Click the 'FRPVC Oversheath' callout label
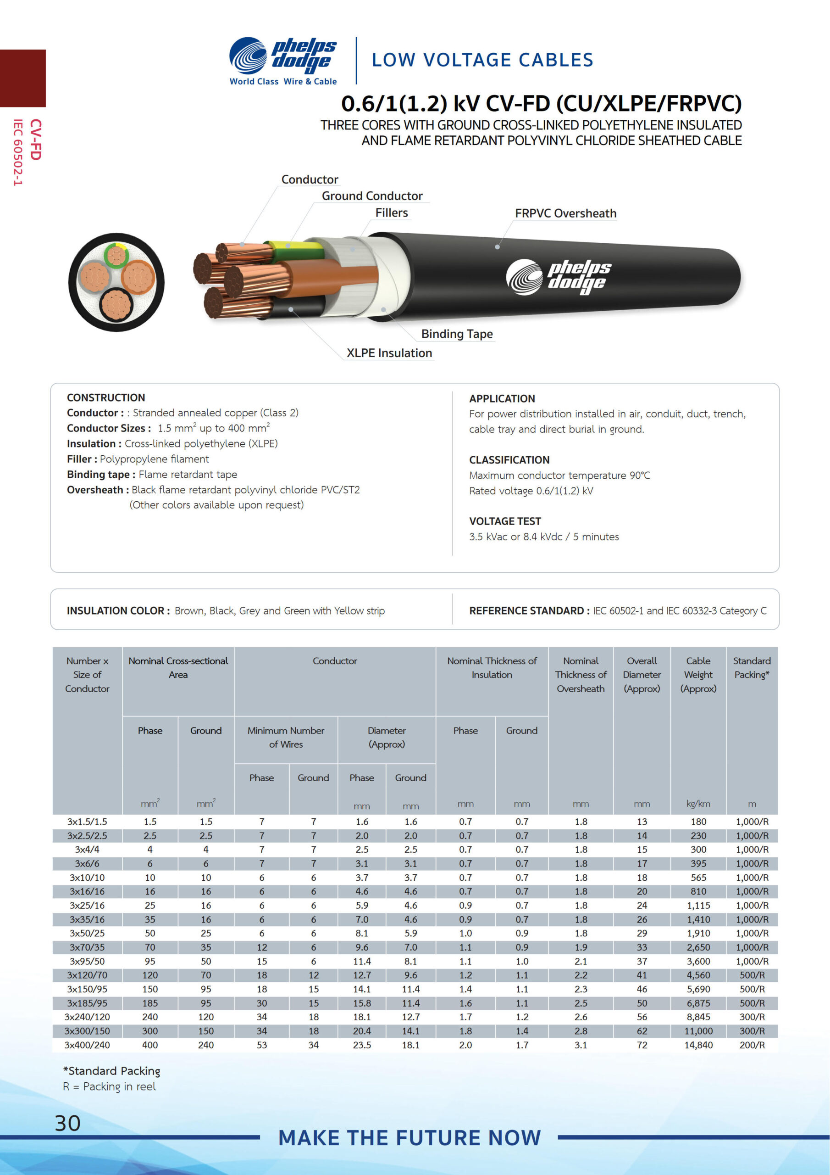[565, 213]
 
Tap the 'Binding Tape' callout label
[457, 334]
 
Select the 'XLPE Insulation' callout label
[389, 353]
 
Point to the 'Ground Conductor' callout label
[372, 196]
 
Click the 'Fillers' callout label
[391, 213]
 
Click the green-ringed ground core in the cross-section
[116, 255]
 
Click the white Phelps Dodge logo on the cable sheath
[559, 277]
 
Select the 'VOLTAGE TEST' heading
[505, 521]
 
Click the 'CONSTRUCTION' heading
[106, 397]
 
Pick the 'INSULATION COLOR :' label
[118, 610]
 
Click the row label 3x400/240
[87, 1045]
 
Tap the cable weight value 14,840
[698, 1045]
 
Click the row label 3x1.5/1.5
[87, 822]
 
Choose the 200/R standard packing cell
[752, 1045]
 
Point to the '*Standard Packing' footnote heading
[111, 1071]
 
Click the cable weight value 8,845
[698, 1017]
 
